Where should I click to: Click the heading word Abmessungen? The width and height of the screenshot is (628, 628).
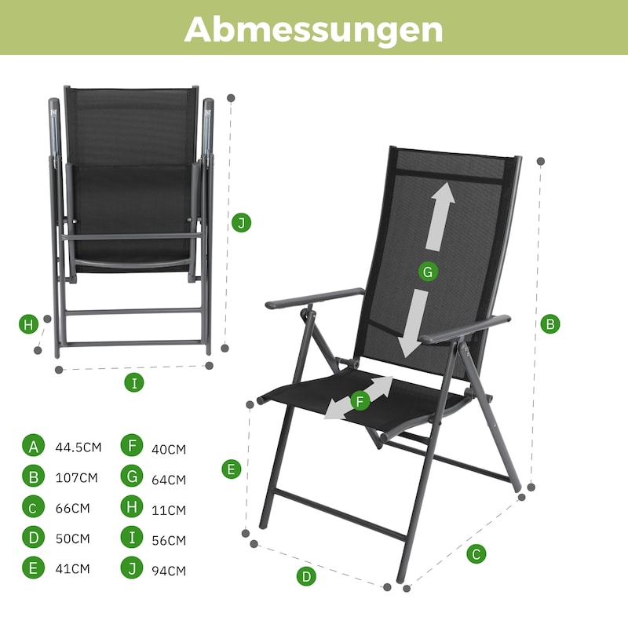pyautogui.click(x=313, y=29)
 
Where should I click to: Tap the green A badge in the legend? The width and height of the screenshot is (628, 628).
pyautogui.click(x=33, y=445)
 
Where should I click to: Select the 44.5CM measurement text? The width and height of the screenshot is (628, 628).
pyautogui.click(x=78, y=447)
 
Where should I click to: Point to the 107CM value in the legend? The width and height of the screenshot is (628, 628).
pyautogui.click(x=76, y=478)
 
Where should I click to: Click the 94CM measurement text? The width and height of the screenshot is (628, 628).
pyautogui.click(x=169, y=571)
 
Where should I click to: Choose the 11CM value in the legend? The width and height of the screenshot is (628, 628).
pyautogui.click(x=169, y=510)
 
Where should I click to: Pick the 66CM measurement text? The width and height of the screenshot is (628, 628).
pyautogui.click(x=72, y=508)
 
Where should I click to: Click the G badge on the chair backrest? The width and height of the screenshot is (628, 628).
pyautogui.click(x=428, y=272)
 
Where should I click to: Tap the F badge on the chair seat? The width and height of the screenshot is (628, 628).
pyautogui.click(x=360, y=401)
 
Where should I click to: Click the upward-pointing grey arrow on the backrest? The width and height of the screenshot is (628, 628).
pyautogui.click(x=440, y=217)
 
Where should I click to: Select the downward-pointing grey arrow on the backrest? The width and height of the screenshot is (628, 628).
pyautogui.click(x=414, y=323)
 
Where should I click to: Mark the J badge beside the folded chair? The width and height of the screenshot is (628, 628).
pyautogui.click(x=242, y=223)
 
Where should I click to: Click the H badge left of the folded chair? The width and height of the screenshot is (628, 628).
pyautogui.click(x=28, y=324)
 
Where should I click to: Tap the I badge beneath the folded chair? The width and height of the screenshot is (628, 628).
pyautogui.click(x=134, y=383)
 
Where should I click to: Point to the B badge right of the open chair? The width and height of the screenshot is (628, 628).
pyautogui.click(x=550, y=324)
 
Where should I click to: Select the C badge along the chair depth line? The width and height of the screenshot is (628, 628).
pyautogui.click(x=476, y=554)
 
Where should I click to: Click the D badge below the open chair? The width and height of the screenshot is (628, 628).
pyautogui.click(x=306, y=576)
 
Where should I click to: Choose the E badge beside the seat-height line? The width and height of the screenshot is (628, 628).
pyautogui.click(x=232, y=469)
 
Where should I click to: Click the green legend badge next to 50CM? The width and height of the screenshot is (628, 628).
pyautogui.click(x=33, y=537)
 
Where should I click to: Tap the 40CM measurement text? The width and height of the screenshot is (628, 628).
pyautogui.click(x=169, y=449)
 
